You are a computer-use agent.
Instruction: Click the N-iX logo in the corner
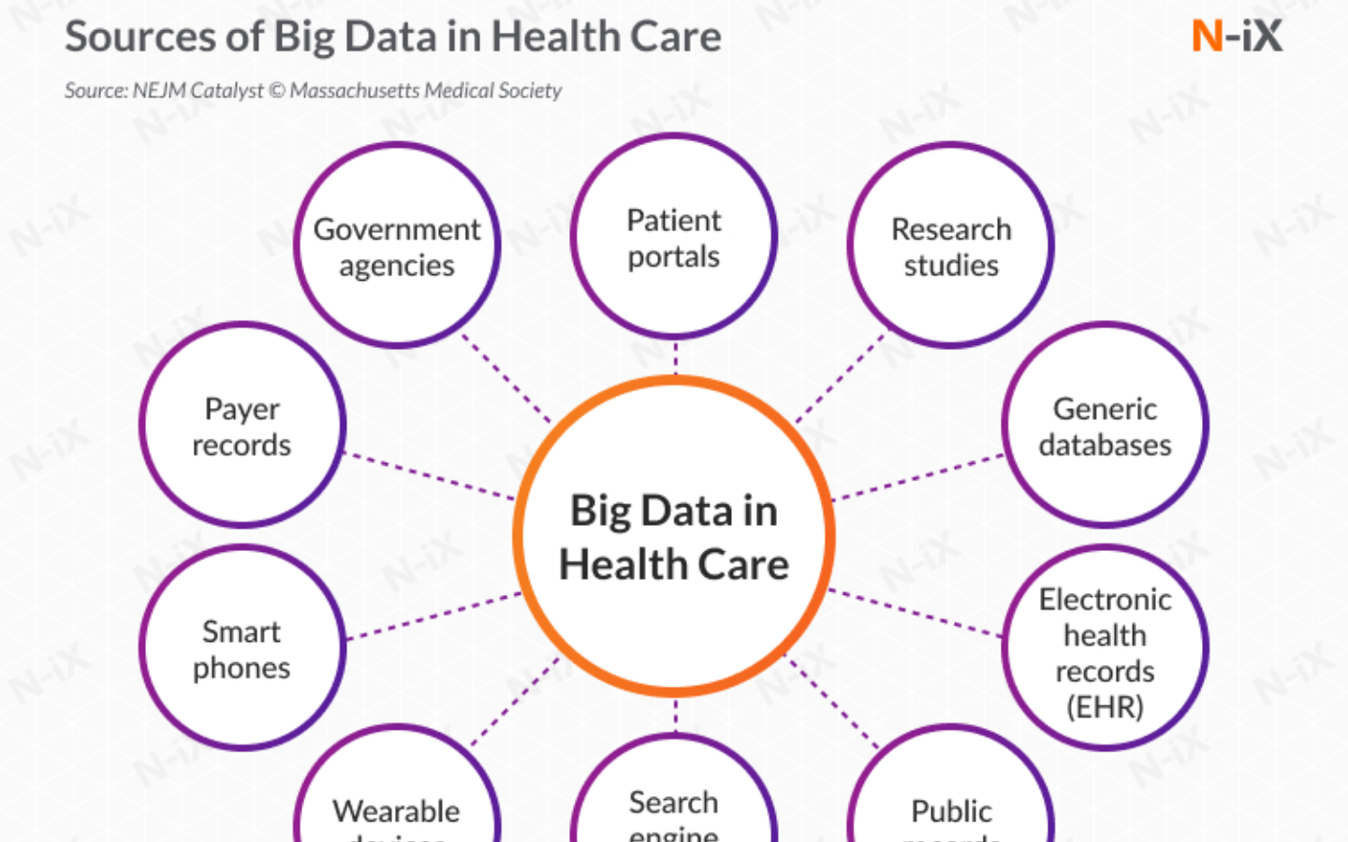1236,36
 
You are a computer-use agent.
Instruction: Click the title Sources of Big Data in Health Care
392,37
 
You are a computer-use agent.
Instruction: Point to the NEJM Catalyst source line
313,91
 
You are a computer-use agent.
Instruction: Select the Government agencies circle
397,246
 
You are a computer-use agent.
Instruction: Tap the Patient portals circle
674,238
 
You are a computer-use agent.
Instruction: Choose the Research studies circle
951,246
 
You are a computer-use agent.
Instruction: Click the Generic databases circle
1105,426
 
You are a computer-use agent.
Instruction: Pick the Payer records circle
242,426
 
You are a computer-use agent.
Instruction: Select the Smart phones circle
242,648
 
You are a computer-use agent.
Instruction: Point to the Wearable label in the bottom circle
397,810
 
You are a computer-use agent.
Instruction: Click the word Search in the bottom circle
674,802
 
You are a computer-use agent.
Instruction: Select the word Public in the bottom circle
951,810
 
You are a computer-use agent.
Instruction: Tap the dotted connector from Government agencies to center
505,379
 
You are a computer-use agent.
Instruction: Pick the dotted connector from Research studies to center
840,379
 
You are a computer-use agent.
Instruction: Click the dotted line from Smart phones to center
432,617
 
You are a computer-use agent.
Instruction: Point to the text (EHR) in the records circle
1105,706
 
